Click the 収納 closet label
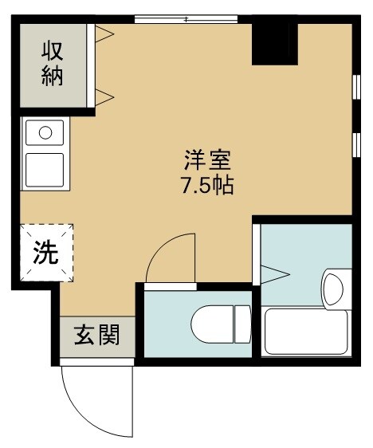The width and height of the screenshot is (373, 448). [52, 65]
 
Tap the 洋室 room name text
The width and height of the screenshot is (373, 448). [209, 159]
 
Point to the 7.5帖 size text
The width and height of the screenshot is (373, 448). [208, 189]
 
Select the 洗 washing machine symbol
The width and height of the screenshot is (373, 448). [45, 253]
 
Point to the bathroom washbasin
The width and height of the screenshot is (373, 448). [333, 288]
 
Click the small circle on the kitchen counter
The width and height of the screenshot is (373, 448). [45, 131]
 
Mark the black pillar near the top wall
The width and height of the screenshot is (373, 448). [274, 45]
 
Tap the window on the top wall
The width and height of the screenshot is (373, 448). [185, 19]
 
